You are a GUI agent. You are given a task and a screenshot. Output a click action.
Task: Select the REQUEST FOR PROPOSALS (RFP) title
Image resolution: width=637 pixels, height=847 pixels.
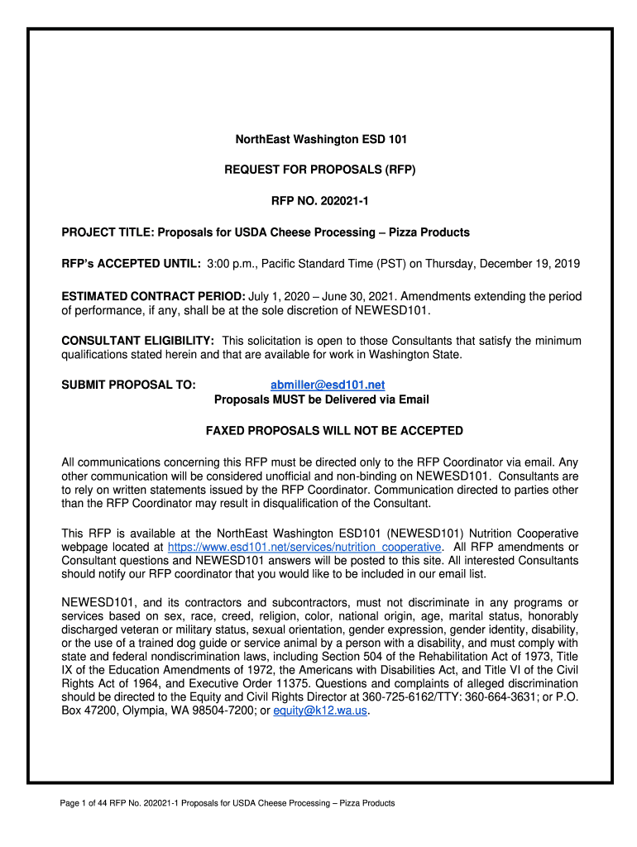pos(319,170)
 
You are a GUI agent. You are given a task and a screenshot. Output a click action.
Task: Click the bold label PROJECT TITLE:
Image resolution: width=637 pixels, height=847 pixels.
pos(108,232)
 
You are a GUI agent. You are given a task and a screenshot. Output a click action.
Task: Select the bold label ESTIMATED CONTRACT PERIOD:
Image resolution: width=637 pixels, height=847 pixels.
pos(153,296)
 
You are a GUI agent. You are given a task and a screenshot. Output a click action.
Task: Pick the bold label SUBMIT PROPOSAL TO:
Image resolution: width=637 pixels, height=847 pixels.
pos(129,385)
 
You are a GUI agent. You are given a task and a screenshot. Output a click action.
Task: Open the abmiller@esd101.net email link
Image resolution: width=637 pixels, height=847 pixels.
pos(328,385)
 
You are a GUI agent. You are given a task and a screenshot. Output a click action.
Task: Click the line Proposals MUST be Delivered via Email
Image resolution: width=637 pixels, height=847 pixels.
pos(322,400)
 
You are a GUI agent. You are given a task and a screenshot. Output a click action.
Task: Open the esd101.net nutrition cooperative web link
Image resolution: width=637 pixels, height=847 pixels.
pos(304,548)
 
